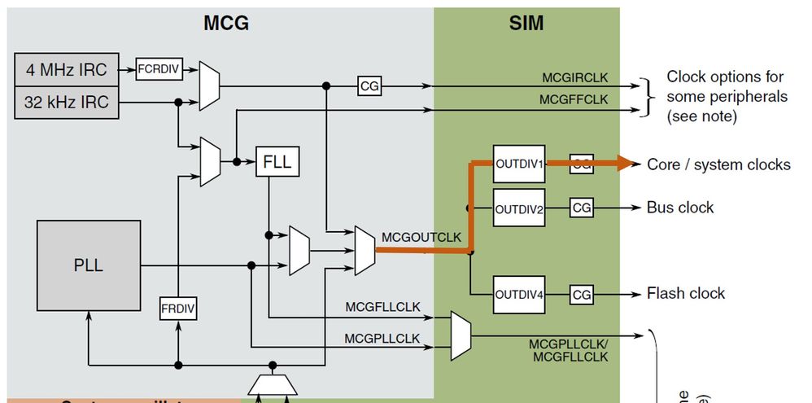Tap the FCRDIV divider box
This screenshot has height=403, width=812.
(x=158, y=70)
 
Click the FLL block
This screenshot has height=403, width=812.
(x=277, y=161)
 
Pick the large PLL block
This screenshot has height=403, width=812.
(x=88, y=265)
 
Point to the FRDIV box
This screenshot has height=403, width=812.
(x=177, y=309)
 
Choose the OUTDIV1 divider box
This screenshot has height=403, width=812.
(x=519, y=164)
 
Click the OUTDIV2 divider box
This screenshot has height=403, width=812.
(x=519, y=208)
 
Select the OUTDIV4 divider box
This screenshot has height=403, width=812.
(x=519, y=294)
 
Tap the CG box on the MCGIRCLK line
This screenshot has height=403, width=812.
(x=369, y=85)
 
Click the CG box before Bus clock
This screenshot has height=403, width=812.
(x=582, y=208)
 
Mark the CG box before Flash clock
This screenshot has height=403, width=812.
(x=582, y=294)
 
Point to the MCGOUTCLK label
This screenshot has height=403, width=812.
(x=421, y=237)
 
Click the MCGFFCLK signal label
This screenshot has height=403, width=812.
(x=574, y=99)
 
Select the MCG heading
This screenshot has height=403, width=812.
(x=225, y=23)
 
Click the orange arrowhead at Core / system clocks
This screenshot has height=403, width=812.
(x=626, y=164)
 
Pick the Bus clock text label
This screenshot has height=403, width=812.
(x=679, y=208)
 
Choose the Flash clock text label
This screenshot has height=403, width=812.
(x=685, y=293)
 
